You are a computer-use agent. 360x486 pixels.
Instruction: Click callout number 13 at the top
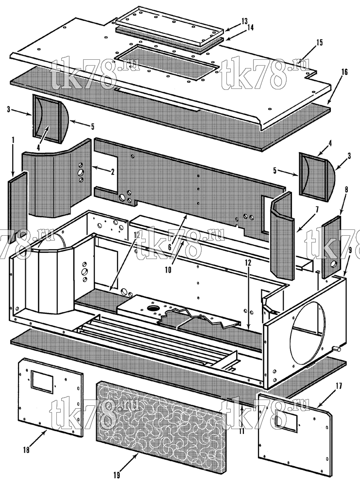click(244, 21)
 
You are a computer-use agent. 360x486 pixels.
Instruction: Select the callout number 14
click(250, 28)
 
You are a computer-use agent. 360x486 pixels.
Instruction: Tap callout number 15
click(319, 42)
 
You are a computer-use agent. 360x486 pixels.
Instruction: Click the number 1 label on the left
click(13, 140)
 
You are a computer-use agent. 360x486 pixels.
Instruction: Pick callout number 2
click(112, 172)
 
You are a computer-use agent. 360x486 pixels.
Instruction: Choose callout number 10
click(168, 270)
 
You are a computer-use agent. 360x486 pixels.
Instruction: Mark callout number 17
click(338, 386)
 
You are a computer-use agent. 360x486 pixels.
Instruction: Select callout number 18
click(26, 450)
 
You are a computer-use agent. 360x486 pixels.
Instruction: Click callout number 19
click(117, 475)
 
